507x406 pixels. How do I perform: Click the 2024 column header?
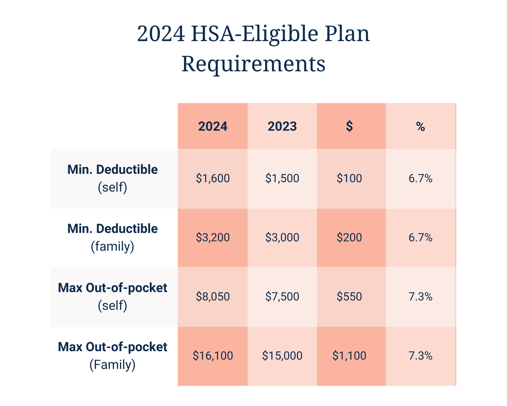click(x=213, y=126)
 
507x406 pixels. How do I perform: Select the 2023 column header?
click(x=282, y=126)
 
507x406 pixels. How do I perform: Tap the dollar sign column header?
click(x=349, y=126)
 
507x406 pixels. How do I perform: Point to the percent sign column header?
click(x=420, y=126)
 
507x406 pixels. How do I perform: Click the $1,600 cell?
click(x=213, y=178)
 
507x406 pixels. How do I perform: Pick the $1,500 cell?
click(x=282, y=178)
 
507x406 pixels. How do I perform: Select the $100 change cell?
click(x=349, y=178)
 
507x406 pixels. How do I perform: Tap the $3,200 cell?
click(x=213, y=238)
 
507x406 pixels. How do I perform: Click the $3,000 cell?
click(x=282, y=238)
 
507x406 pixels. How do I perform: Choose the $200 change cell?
click(x=349, y=238)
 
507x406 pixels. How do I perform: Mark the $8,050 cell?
click(x=213, y=297)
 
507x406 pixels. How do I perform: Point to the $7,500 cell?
click(x=282, y=297)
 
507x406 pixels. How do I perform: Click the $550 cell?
click(x=349, y=297)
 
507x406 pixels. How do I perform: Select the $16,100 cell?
click(x=213, y=356)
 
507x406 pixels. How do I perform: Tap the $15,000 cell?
click(x=282, y=356)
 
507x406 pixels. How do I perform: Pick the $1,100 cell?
click(x=349, y=356)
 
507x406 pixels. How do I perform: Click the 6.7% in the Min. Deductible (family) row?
click(x=420, y=238)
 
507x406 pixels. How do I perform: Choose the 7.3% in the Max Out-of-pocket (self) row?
click(x=420, y=297)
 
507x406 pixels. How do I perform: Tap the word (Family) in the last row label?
click(x=113, y=365)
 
